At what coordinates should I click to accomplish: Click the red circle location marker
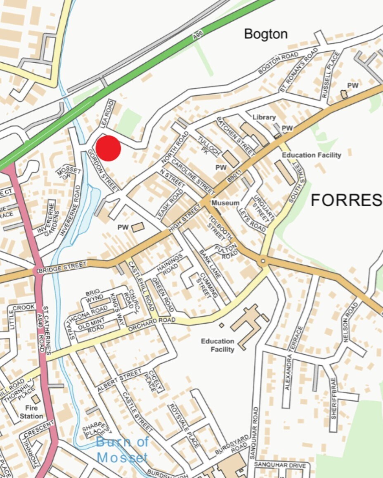click(x=108, y=149)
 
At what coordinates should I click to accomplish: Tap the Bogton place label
click(x=266, y=34)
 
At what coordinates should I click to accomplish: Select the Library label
click(x=264, y=118)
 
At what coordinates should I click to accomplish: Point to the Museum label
click(x=225, y=203)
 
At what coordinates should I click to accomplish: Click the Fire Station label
click(x=31, y=412)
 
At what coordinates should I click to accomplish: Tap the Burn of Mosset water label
click(x=122, y=450)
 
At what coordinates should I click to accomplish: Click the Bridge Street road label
click(x=62, y=267)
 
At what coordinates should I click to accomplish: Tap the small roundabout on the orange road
click(x=262, y=262)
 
